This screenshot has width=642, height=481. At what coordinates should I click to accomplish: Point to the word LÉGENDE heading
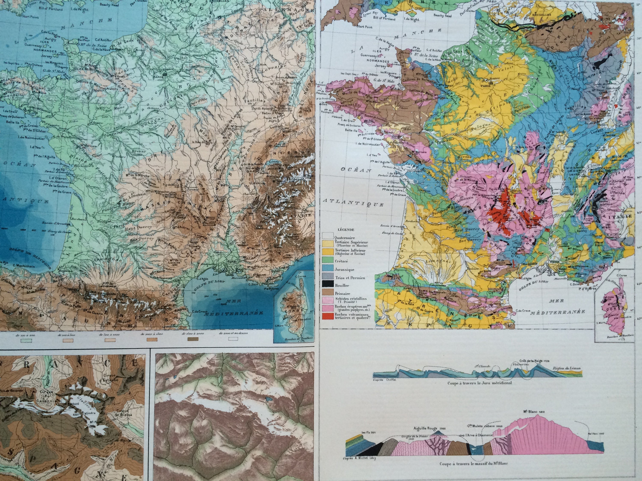pyautogui.click(x=346, y=230)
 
